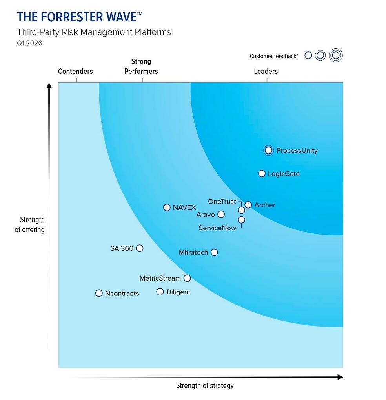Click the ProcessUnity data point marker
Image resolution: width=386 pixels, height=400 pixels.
(x=268, y=150)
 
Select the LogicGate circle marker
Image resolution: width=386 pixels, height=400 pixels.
(x=262, y=173)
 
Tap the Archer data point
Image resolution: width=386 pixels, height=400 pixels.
(x=248, y=205)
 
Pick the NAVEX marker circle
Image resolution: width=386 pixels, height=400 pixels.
(x=167, y=207)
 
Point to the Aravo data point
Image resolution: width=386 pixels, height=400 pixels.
(x=221, y=214)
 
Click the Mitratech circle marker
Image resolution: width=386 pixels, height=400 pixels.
(x=214, y=252)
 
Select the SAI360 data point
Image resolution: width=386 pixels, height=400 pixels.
(x=140, y=248)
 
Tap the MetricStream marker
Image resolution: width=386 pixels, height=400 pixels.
(x=187, y=278)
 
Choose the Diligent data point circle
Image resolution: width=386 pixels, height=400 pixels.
(x=160, y=292)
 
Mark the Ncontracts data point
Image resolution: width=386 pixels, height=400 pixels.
(x=99, y=293)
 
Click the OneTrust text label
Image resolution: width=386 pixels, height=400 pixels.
(x=222, y=202)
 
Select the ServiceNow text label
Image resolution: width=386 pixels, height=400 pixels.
(x=217, y=228)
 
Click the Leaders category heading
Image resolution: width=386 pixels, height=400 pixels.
(x=266, y=72)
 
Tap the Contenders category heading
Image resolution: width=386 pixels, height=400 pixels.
(x=75, y=72)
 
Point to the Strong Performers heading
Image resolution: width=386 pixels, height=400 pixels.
(x=141, y=66)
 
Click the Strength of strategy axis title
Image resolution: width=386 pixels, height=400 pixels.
(x=204, y=385)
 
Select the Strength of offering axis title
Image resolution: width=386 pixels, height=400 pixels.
(x=30, y=224)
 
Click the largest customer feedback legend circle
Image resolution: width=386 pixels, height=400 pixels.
(x=335, y=55)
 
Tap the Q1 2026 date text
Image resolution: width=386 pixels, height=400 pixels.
(x=29, y=43)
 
